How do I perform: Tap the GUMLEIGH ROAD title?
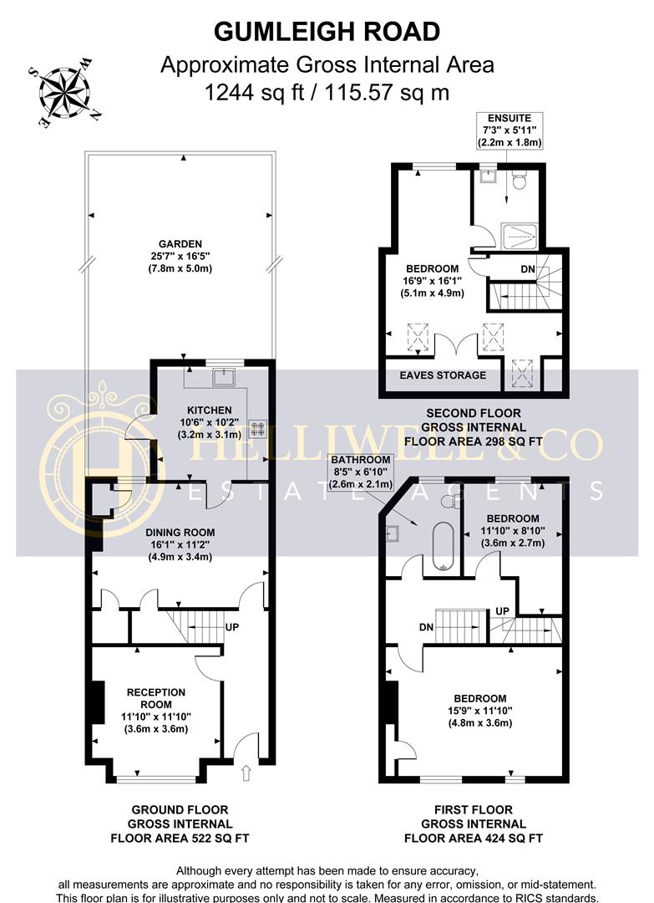click(327, 32)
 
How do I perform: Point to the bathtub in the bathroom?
click(443, 546)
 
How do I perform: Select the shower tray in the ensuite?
click(520, 236)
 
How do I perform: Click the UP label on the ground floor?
click(232, 626)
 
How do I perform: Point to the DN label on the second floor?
click(527, 269)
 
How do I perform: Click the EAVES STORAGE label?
click(443, 375)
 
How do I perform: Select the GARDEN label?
click(180, 244)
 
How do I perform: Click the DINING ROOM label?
click(180, 533)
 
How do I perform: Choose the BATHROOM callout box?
click(361, 472)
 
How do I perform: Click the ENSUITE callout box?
click(509, 130)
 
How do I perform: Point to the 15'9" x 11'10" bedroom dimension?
click(479, 711)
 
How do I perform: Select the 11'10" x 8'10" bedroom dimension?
click(513, 530)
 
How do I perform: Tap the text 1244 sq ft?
click(254, 92)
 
